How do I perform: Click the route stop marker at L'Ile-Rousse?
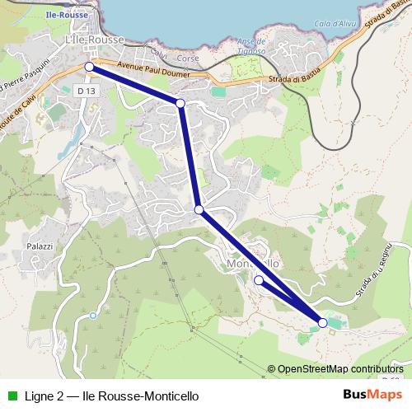(89, 66)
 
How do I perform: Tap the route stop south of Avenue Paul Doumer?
(180, 103)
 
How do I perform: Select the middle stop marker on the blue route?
(199, 210)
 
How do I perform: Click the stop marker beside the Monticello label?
(259, 280)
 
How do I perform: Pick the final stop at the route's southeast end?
(322, 323)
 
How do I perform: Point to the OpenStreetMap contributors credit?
(339, 369)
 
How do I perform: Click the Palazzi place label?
(40, 246)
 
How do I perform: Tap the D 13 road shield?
(85, 89)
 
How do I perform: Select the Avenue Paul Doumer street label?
(153, 73)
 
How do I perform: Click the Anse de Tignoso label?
(250, 46)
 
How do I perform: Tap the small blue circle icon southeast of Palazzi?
(93, 316)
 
